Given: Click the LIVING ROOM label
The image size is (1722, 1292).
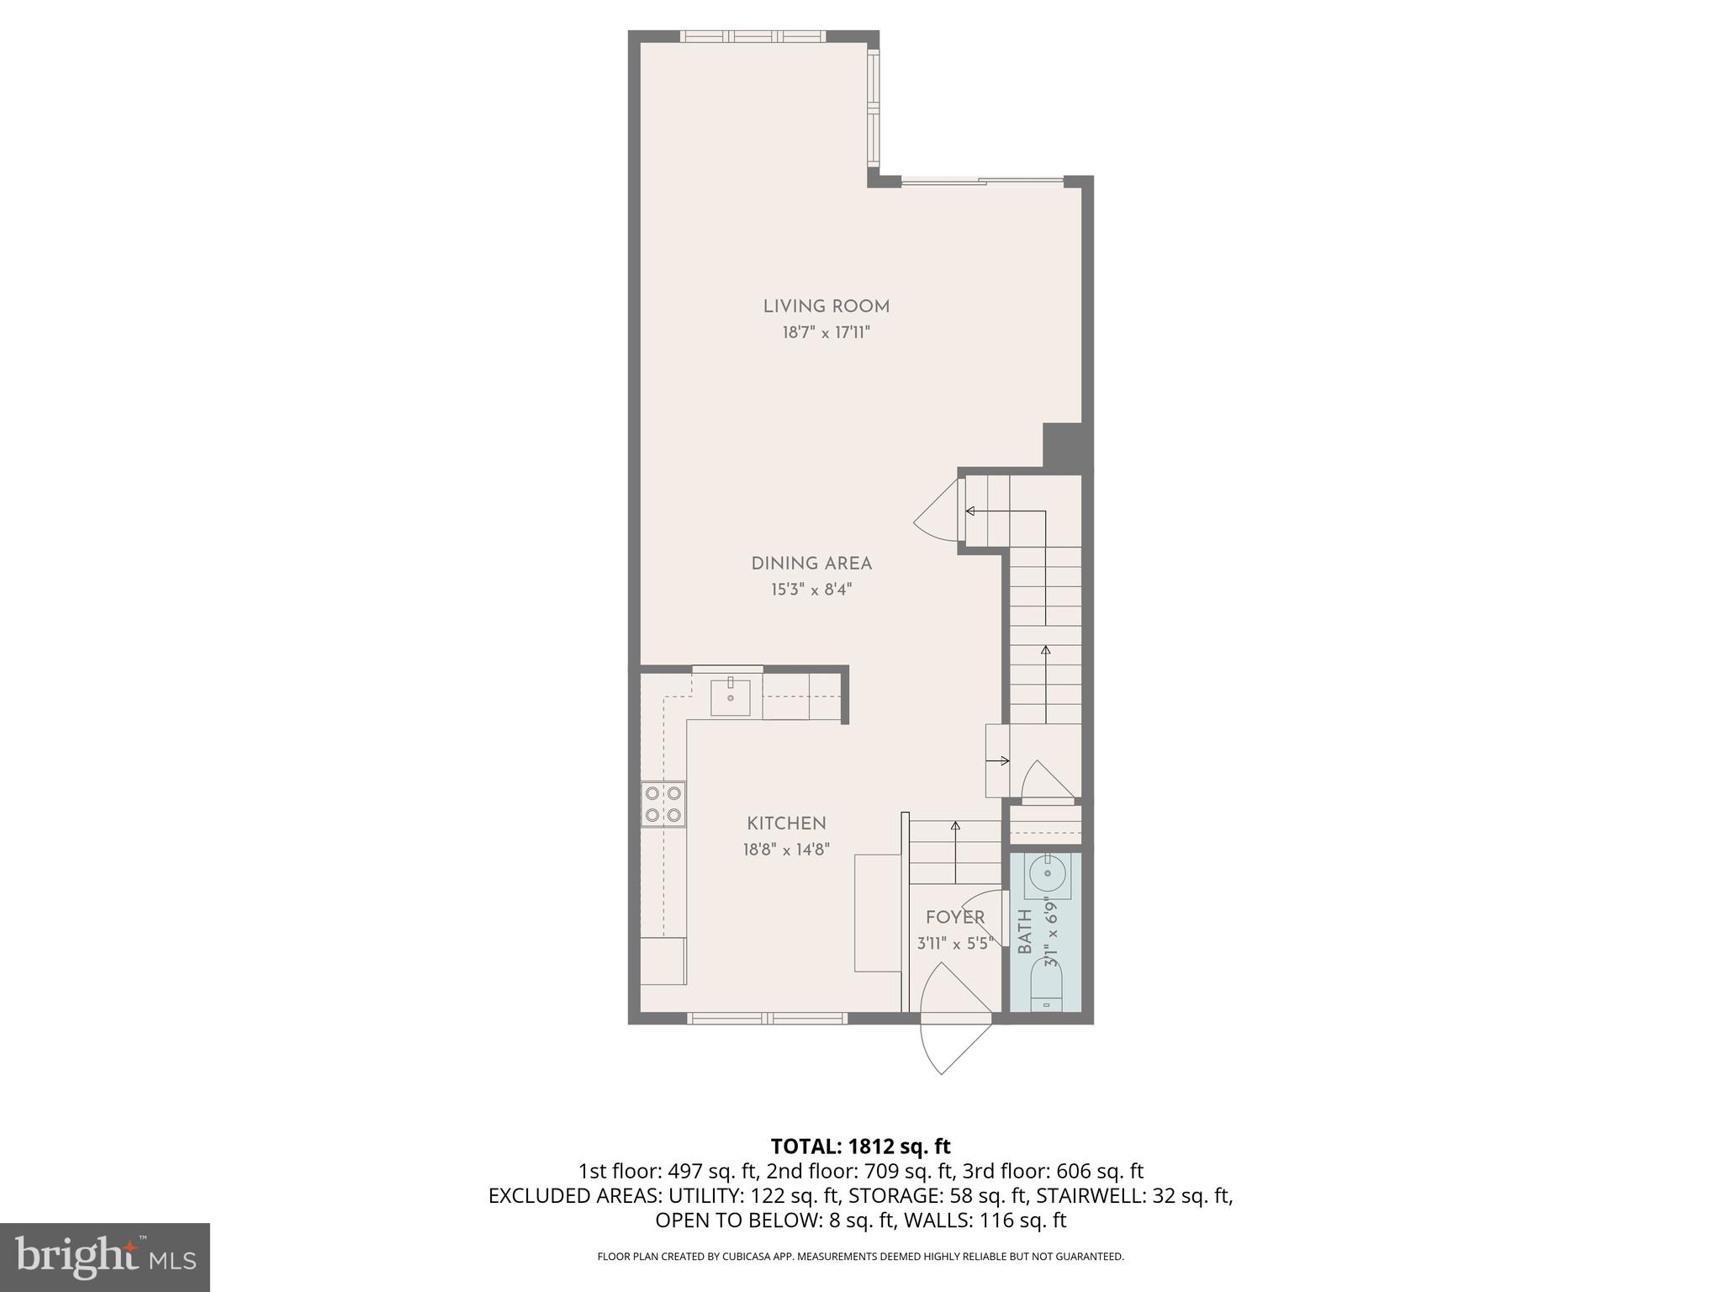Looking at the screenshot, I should tap(826, 307).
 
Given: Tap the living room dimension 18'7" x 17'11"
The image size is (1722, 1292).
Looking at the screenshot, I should tap(826, 333).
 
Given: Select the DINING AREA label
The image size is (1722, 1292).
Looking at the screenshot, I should tap(811, 564).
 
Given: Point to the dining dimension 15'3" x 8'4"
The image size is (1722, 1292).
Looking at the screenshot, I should tap(811, 590).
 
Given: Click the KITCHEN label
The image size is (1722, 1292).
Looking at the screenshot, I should tap(786, 823).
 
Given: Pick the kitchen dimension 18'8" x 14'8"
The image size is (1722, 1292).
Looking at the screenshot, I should tap(786, 850).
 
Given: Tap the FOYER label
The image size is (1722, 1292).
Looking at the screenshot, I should tap(954, 918).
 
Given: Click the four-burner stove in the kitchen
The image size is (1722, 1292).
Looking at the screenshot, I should tap(663, 803).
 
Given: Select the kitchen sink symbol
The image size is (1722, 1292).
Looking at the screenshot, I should tap(730, 697).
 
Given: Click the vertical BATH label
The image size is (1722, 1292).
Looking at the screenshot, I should tap(1025, 931).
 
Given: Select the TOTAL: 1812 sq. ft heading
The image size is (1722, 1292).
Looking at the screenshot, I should tap(860, 1146).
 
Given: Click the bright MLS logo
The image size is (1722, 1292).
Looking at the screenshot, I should tap(104, 1257).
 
